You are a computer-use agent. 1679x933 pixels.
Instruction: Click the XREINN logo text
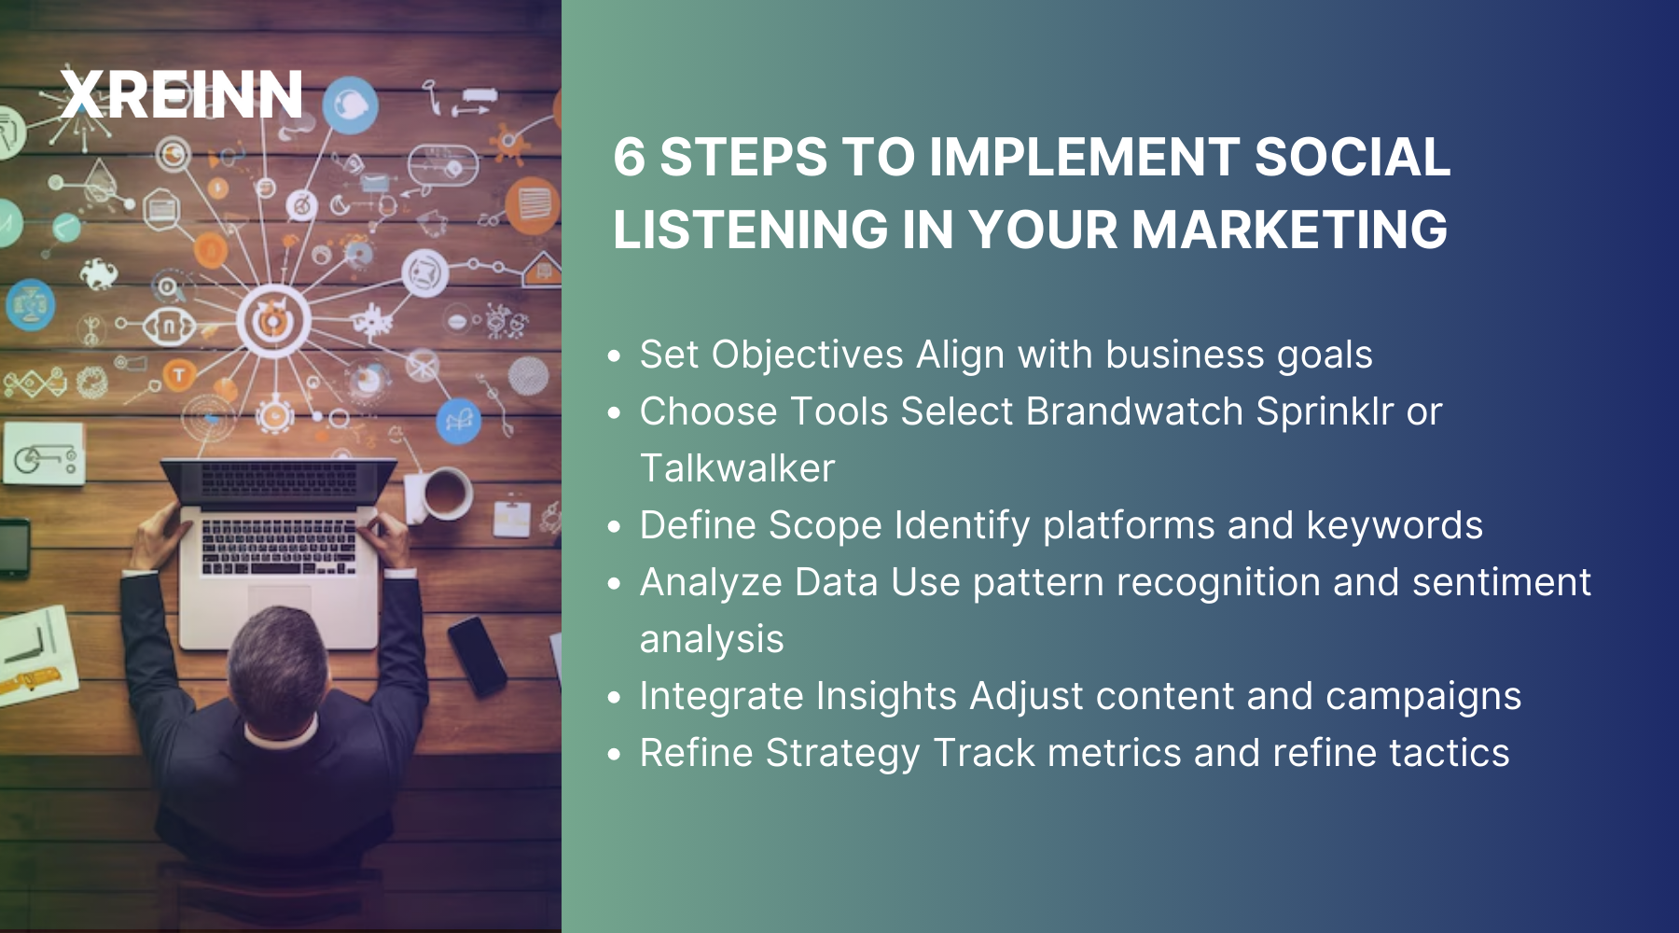click(182, 95)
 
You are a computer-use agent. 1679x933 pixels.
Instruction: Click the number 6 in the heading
click(630, 157)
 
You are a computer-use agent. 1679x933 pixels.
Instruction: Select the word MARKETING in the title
click(1289, 230)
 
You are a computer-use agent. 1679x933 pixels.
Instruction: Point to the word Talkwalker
click(737, 468)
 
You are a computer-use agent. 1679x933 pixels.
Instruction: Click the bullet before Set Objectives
click(614, 356)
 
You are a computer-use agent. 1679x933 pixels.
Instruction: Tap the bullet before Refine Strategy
click(614, 755)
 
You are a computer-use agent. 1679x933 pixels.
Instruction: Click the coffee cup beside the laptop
click(446, 493)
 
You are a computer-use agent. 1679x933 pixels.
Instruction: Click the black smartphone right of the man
click(477, 656)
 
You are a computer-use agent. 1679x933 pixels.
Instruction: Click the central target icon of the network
click(273, 320)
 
